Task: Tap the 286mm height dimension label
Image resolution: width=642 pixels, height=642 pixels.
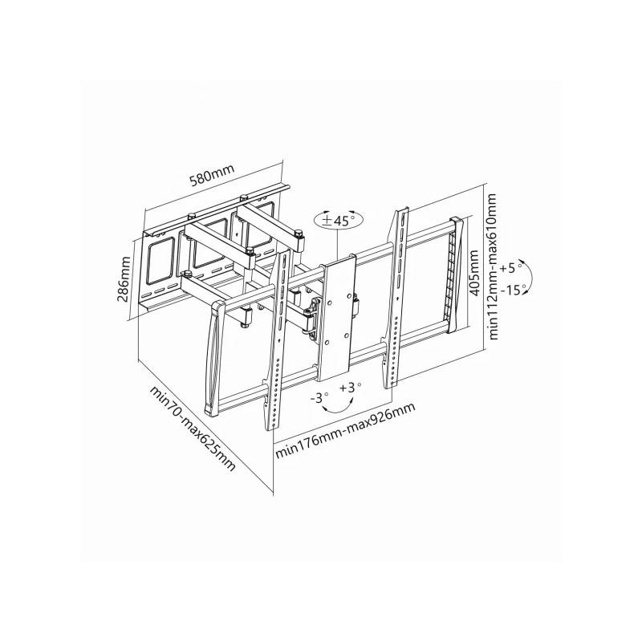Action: click(x=124, y=278)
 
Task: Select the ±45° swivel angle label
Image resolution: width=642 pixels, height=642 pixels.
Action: click(x=339, y=221)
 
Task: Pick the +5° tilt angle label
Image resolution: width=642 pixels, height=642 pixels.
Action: click(x=510, y=266)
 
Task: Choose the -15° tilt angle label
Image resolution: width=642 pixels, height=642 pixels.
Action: click(x=513, y=288)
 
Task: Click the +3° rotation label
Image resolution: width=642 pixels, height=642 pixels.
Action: click(x=350, y=388)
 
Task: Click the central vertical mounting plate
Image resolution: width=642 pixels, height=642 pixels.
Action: click(x=337, y=317)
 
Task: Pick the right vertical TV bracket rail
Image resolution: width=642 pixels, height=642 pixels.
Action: click(x=399, y=297)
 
